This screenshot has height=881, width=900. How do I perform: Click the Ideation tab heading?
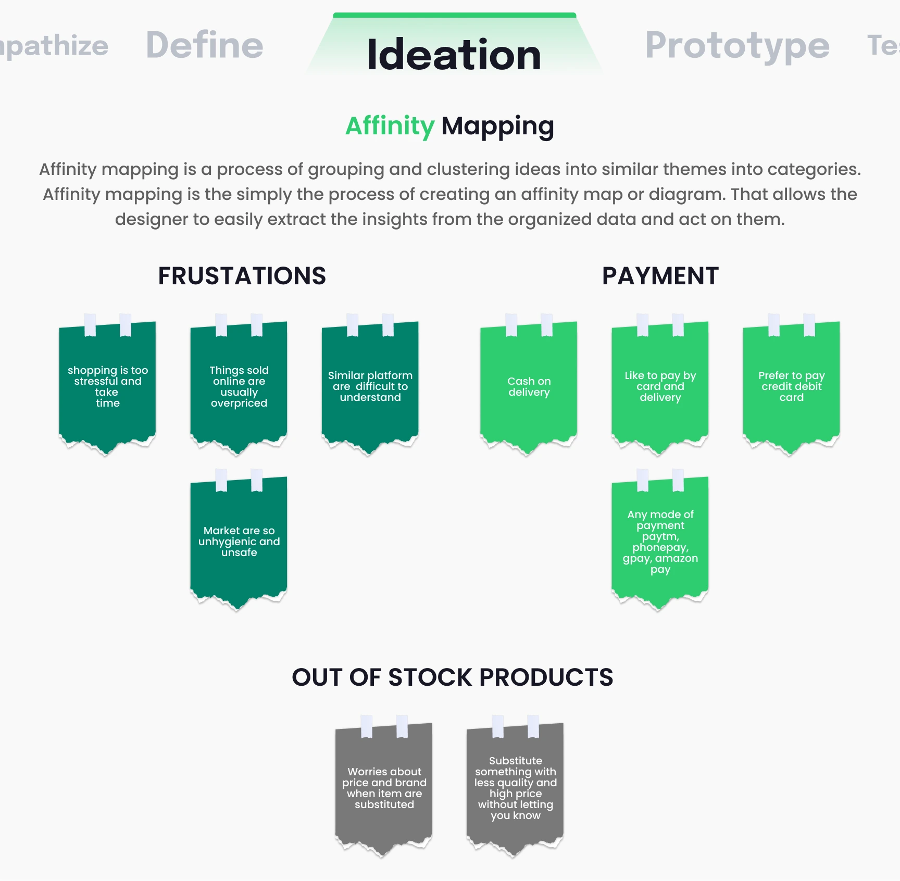tap(454, 54)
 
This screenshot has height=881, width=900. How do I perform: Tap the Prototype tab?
tap(737, 46)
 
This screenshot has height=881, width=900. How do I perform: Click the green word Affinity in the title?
tap(390, 126)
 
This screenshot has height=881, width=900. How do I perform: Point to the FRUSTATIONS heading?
tap(242, 275)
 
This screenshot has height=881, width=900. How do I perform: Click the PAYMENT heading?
tap(660, 275)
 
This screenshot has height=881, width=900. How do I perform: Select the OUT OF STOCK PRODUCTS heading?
tap(452, 677)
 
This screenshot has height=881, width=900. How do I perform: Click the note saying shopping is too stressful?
tap(107, 386)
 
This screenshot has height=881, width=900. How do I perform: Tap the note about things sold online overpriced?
tap(239, 386)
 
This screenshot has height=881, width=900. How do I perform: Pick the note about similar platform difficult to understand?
tap(370, 386)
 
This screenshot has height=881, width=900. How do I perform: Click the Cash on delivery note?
tap(529, 386)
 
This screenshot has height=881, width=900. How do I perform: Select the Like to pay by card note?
tap(660, 386)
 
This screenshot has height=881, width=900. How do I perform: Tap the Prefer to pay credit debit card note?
tap(791, 386)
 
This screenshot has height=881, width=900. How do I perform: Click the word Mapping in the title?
tap(497, 127)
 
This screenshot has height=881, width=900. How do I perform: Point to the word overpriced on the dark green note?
tap(239, 403)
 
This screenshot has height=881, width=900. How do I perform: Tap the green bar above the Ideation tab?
tap(454, 15)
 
